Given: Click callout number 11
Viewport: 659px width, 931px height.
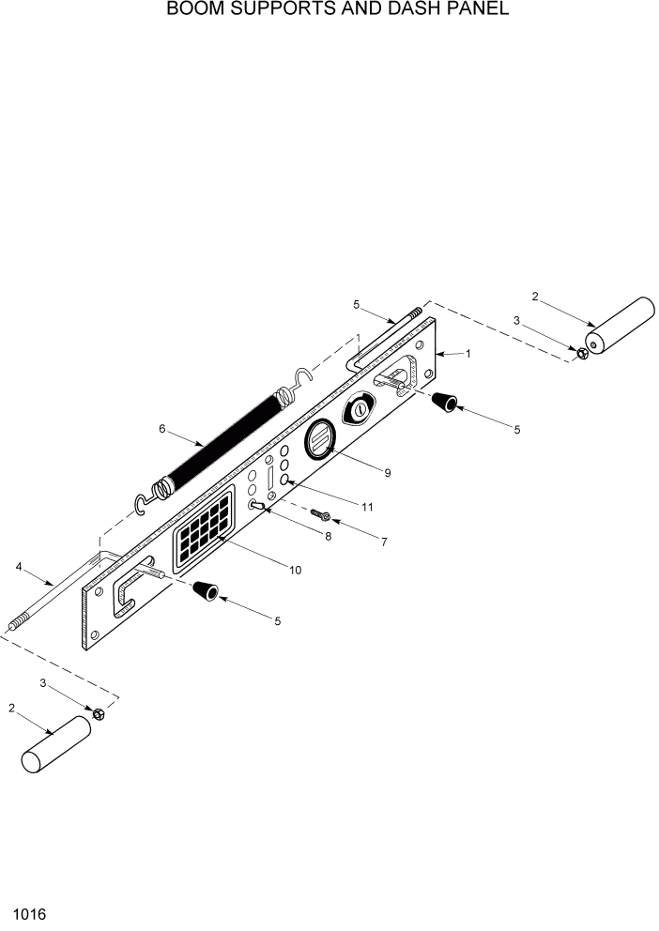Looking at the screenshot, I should (367, 507).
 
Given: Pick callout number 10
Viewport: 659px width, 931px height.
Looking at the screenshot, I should (296, 570).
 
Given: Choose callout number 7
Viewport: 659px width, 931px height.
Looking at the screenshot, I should (383, 542).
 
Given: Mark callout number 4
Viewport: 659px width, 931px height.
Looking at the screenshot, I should (19, 566).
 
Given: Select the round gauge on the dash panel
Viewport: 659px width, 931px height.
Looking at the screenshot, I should (319, 438).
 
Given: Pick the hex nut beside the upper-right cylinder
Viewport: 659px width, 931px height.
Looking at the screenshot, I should (581, 354).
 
